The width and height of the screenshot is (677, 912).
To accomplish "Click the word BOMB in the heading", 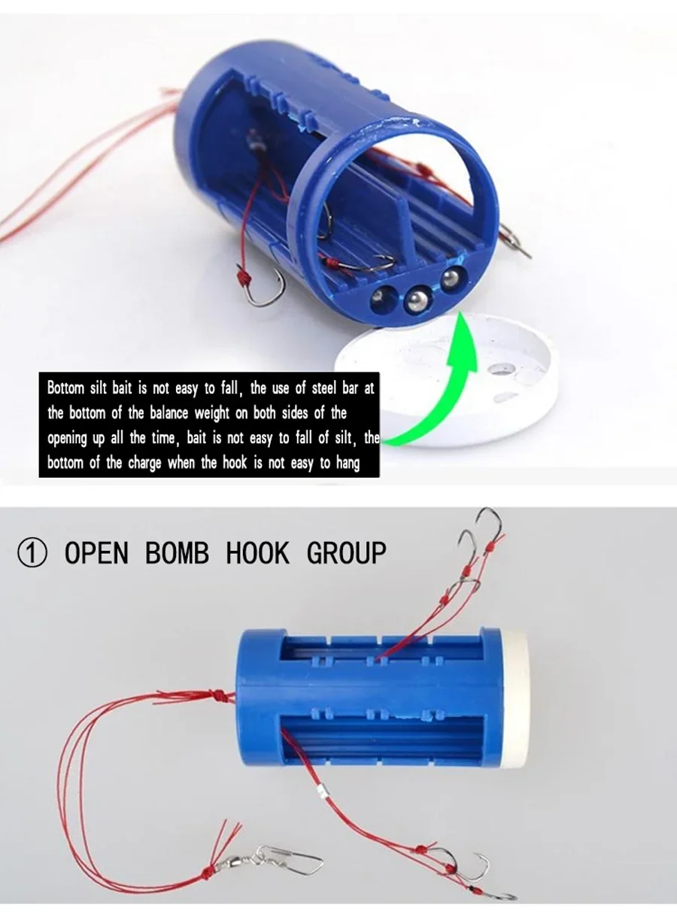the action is [x=177, y=552].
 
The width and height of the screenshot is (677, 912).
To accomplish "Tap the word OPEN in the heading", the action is [x=96, y=552].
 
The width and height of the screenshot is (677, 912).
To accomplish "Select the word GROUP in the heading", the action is [x=347, y=552].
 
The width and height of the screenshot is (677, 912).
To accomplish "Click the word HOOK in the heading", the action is [x=258, y=552].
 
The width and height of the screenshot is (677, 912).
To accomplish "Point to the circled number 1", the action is [x=32, y=553].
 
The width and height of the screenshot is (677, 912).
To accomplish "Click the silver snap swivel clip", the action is [x=284, y=858].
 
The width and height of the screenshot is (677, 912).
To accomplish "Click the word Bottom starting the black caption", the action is [x=65, y=388].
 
